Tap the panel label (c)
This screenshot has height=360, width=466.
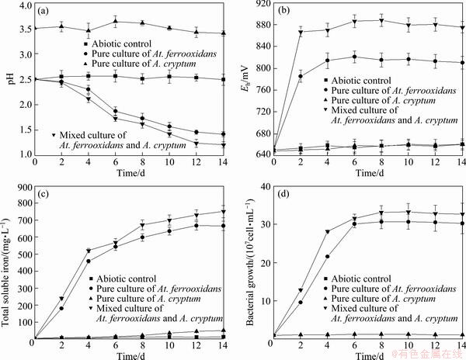45,194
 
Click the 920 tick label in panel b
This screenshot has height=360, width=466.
256,5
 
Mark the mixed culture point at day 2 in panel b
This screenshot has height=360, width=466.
299,32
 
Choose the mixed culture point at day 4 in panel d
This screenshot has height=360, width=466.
327,232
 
